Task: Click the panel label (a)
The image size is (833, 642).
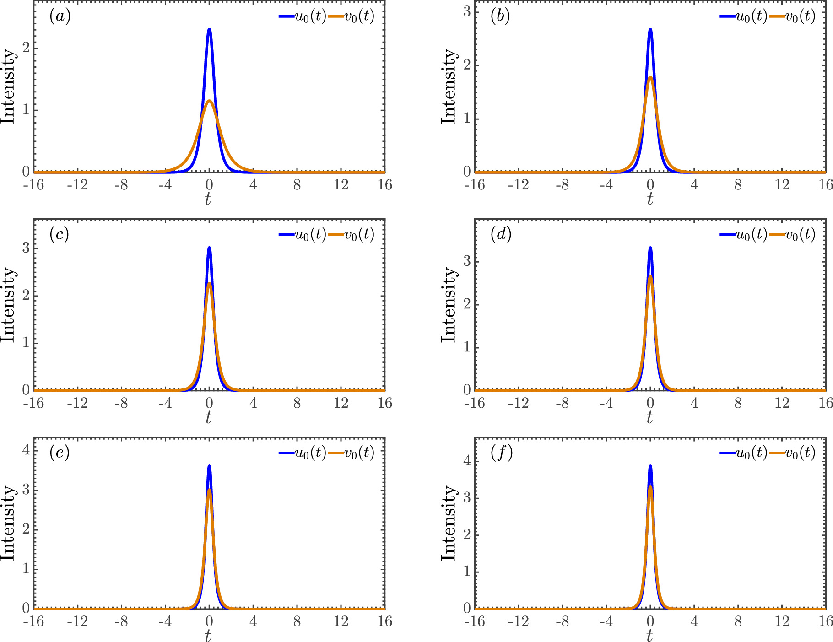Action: tap(60, 16)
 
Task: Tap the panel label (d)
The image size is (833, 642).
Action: tap(501, 235)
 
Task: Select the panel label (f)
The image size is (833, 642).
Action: tap(501, 453)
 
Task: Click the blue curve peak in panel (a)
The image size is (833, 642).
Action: tap(209, 30)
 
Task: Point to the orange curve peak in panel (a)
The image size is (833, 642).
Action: tap(209, 101)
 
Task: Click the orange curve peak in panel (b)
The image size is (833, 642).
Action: tap(650, 77)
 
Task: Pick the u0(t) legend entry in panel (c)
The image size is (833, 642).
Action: tap(303, 235)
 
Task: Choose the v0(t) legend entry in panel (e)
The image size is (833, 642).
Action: tap(352, 453)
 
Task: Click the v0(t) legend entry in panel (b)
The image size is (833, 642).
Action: tap(793, 16)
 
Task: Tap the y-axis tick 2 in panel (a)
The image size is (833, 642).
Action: tap(26, 48)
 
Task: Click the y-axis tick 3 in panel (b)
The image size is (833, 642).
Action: tap(467, 11)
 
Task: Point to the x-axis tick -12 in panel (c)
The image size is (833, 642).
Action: tap(77, 403)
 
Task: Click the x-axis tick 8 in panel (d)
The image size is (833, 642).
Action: tap(738, 403)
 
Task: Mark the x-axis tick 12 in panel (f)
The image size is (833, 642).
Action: tap(782, 621)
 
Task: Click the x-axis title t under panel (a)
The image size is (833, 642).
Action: tap(208, 199)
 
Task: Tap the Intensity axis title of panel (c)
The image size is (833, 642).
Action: tap(8, 304)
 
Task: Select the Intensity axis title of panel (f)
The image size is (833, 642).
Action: tap(449, 523)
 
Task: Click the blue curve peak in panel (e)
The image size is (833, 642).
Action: tap(209, 466)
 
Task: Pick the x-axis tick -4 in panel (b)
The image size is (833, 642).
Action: tap(606, 185)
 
